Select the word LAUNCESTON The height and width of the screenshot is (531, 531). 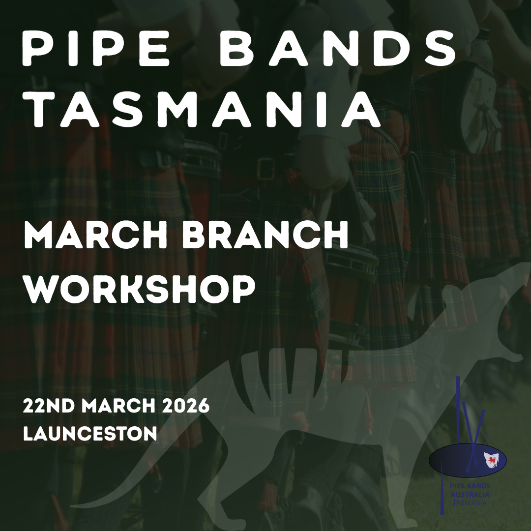coord(90,433)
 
